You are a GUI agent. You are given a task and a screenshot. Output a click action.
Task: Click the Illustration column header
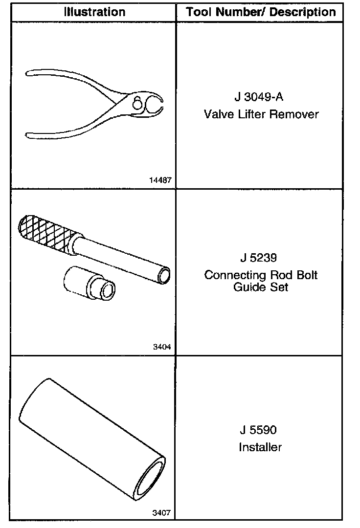click(x=94, y=12)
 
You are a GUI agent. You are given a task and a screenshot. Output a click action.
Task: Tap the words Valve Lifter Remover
click(x=261, y=114)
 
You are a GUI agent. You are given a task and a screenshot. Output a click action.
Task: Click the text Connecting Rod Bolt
click(x=261, y=275)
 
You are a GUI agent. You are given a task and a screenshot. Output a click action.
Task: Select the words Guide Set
click(x=261, y=287)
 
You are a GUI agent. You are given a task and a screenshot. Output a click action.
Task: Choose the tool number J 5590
click(x=259, y=430)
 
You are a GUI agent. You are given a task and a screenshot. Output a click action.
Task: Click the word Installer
click(x=260, y=447)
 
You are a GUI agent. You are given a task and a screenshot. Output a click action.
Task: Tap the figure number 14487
click(x=160, y=180)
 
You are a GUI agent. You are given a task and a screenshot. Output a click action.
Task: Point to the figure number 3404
click(x=162, y=348)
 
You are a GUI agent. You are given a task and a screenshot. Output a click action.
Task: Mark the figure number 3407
click(x=162, y=513)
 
